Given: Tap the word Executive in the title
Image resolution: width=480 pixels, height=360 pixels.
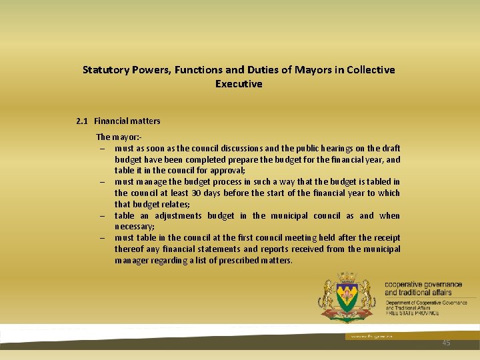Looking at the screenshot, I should pyautogui.click(x=239, y=84).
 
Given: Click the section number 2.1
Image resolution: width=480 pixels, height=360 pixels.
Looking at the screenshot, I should pyautogui.click(x=82, y=121).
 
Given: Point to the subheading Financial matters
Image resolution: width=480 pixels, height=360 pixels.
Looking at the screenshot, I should pyautogui.click(x=127, y=121).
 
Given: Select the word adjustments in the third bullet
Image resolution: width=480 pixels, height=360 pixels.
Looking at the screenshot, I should pyautogui.click(x=178, y=216).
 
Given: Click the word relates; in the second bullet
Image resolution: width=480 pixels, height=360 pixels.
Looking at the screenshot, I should pyautogui.click(x=175, y=205).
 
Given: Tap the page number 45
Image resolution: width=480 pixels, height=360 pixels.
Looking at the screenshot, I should pyautogui.click(x=446, y=343).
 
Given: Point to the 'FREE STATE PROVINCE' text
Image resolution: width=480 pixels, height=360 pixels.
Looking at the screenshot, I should pyautogui.click(x=412, y=313).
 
